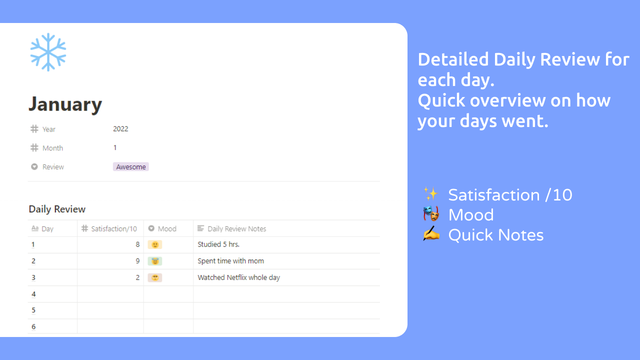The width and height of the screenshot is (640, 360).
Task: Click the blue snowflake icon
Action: point(48,52)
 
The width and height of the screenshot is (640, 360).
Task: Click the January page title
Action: point(65,104)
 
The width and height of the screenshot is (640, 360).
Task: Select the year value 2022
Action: point(120,129)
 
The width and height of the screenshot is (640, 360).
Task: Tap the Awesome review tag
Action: point(131,167)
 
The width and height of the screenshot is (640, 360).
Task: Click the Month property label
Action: point(52,148)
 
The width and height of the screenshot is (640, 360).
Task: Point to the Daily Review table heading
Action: point(57,209)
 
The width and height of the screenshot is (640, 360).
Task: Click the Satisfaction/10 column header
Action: point(113,229)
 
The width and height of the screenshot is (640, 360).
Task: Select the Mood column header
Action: point(167,229)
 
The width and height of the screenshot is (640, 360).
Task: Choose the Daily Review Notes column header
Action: point(236,229)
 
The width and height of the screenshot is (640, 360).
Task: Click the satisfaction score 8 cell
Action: point(137,244)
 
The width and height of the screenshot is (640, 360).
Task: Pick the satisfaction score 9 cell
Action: point(137,261)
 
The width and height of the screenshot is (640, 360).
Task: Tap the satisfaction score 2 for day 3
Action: point(137,277)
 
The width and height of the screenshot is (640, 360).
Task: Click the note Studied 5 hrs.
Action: point(218,244)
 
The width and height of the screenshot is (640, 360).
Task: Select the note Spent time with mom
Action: point(230,261)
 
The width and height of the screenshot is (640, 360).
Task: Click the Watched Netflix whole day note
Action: point(238,277)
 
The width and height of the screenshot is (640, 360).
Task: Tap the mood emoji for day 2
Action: point(155,261)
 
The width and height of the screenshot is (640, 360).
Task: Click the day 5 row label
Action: point(33,310)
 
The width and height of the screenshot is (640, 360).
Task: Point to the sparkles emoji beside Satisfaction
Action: point(430,194)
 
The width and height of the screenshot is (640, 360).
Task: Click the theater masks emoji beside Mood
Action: point(430,214)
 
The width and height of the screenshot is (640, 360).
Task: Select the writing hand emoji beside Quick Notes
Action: point(430,234)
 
